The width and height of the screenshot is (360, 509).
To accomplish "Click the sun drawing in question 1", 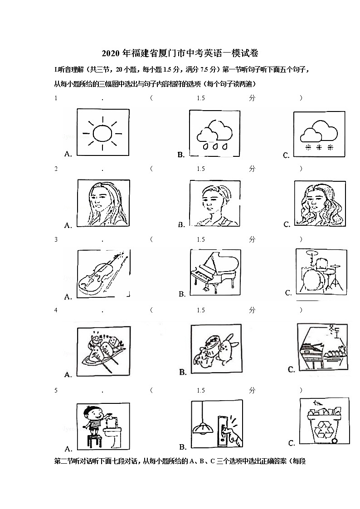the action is [x=102, y=133].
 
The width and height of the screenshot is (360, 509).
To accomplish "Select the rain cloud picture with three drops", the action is [x=214, y=135].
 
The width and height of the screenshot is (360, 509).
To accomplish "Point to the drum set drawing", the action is [x=321, y=271].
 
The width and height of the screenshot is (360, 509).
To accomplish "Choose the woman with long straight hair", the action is [x=103, y=203].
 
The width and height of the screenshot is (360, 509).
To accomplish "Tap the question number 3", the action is [x=56, y=240].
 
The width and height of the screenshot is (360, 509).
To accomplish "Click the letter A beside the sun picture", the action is [x=68, y=154].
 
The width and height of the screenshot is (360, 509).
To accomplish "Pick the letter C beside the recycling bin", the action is [x=292, y=443].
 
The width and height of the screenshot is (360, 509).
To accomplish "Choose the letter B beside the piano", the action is [x=182, y=294].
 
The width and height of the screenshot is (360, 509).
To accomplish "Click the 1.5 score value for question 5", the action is [x=201, y=390].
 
